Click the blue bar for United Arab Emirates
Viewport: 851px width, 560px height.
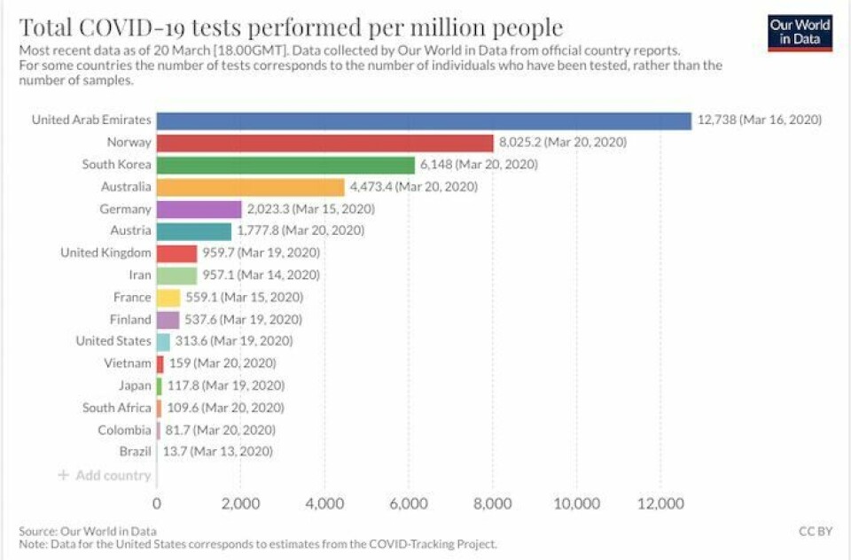(424, 121)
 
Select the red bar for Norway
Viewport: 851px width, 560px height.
(324, 143)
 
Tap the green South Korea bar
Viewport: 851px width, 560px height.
(285, 165)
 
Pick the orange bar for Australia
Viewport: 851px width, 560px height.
(250, 187)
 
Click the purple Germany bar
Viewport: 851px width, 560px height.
(199, 209)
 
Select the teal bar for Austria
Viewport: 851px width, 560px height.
(193, 231)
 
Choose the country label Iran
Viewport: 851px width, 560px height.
(139, 276)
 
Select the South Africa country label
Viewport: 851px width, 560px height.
(116, 408)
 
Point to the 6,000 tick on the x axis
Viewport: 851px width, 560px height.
(409, 504)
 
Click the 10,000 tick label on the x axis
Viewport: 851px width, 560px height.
(577, 504)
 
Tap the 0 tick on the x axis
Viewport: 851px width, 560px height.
(157, 504)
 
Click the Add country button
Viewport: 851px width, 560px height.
(105, 475)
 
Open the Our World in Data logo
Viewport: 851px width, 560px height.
(800, 32)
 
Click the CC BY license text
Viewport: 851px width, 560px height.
(816, 531)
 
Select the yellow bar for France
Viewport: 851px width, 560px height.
(168, 298)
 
